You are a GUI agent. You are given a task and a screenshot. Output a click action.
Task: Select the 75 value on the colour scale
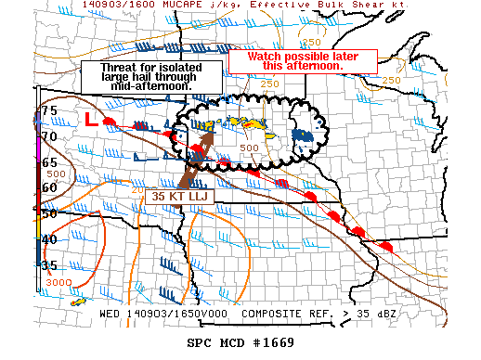[48, 111]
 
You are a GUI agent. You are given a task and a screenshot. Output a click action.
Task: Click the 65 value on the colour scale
[48, 162]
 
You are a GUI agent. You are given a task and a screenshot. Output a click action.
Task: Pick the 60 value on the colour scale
[48, 188]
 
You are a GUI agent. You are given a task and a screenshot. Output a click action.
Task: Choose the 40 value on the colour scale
[48, 239]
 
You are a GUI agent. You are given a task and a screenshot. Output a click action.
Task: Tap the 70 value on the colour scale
[48, 137]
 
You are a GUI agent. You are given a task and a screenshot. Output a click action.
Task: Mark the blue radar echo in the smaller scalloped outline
[303, 135]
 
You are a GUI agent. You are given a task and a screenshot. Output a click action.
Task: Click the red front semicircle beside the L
[110, 122]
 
